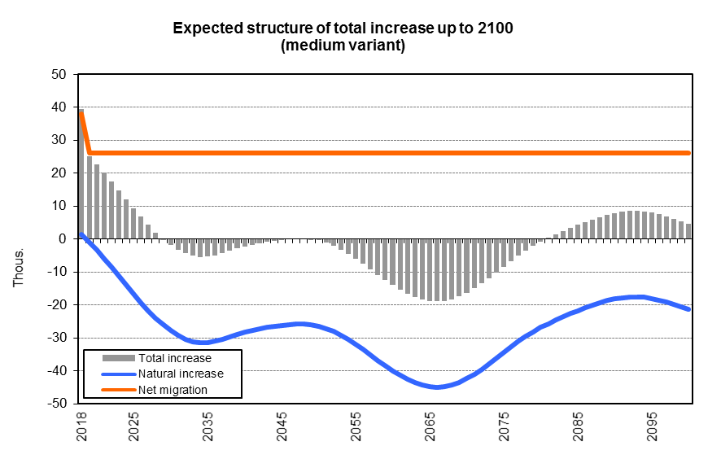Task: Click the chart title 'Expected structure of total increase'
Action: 343,29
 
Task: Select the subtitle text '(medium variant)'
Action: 343,46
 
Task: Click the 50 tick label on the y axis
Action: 59,74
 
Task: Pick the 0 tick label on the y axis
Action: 63,239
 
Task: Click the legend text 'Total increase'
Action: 175,358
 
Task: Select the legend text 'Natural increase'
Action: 181,374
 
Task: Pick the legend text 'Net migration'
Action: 173,390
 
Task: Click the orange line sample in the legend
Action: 118,390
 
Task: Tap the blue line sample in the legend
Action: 118,374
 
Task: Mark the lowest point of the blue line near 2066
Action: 437,387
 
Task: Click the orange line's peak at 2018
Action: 81,111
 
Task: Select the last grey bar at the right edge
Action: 688,231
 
